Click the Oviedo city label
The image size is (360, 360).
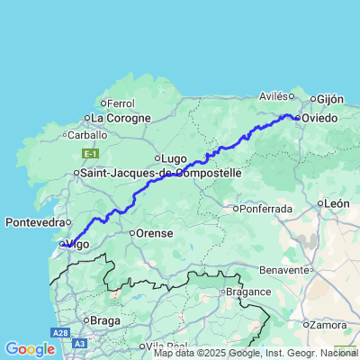click(x=319, y=118)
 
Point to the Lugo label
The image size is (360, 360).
click(x=173, y=158)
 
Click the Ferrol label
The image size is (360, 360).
click(x=120, y=103)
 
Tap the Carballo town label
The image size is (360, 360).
click(x=86, y=135)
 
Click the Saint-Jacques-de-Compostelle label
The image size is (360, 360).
click(x=161, y=172)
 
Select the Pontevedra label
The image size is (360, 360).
click(x=34, y=221)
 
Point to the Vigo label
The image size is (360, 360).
click(x=79, y=243)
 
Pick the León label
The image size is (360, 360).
click(x=337, y=203)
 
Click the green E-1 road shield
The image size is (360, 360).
click(x=90, y=153)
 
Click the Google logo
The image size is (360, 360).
click(x=29, y=348)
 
